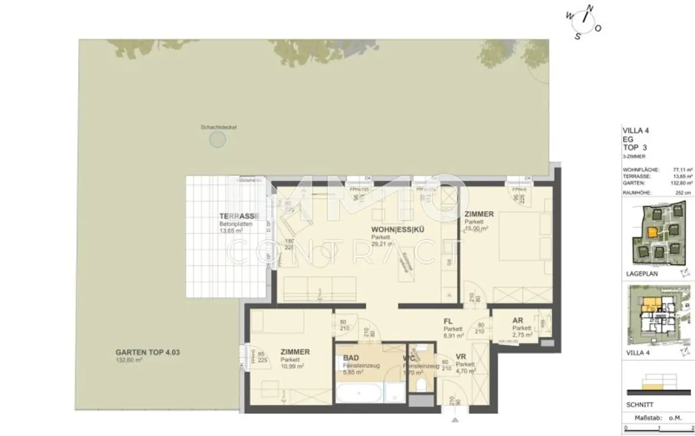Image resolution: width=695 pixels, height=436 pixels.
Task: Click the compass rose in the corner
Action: (x=584, y=22)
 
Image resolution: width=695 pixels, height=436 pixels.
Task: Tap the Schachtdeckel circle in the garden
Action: (x=218, y=139)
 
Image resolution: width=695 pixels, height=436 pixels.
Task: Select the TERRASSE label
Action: (x=239, y=216)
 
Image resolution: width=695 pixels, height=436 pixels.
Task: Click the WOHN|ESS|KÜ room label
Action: (x=398, y=229)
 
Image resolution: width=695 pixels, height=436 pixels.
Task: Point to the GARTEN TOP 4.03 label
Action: (x=148, y=352)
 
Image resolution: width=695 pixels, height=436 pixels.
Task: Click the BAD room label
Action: (x=351, y=358)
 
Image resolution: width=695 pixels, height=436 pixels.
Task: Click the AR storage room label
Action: (x=518, y=320)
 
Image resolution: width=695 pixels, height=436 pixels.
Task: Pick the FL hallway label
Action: (x=448, y=322)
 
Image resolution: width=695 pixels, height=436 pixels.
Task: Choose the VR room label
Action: (x=461, y=356)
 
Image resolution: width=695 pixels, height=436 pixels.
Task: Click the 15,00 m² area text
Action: (x=476, y=229)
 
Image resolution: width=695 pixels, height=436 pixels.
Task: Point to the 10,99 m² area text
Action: (x=292, y=366)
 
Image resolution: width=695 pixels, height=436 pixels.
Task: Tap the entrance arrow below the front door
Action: (x=455, y=420)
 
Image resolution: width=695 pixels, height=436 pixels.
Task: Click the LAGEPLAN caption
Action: (x=642, y=274)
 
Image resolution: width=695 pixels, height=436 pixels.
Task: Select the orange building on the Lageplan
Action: (x=652, y=232)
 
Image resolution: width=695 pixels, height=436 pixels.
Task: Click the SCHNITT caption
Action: (x=640, y=405)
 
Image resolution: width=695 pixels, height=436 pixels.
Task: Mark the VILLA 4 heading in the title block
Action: (x=635, y=131)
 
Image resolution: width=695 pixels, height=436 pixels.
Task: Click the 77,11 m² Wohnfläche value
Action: (x=682, y=170)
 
